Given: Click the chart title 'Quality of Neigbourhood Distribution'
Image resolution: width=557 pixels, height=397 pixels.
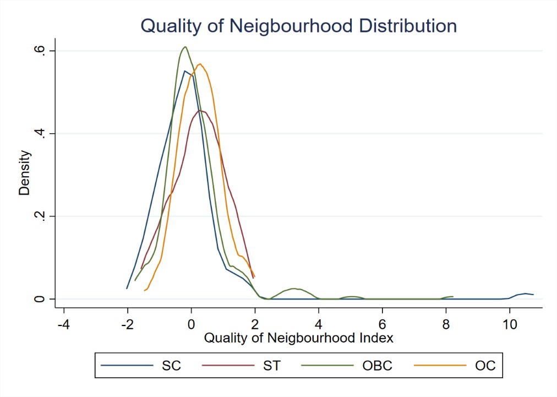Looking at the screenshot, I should click(x=298, y=26).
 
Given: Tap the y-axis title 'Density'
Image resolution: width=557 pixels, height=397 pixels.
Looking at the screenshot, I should click(x=24, y=174).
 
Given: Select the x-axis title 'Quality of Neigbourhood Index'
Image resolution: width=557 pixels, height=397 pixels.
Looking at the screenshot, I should click(x=299, y=338).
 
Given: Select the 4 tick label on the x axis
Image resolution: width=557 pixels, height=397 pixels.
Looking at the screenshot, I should click(x=319, y=323).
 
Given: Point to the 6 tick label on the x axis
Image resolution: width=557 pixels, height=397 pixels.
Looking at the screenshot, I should click(x=383, y=323).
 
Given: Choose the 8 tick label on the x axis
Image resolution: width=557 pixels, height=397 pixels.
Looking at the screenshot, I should click(x=446, y=323).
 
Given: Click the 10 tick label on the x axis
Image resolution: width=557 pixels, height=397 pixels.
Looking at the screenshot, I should click(x=510, y=323).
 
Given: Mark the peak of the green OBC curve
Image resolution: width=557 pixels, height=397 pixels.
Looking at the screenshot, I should click(x=185, y=47).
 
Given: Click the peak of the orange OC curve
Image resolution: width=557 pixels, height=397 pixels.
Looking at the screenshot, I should click(x=200, y=64).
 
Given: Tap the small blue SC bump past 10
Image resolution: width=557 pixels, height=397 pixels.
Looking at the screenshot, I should click(x=526, y=293).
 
